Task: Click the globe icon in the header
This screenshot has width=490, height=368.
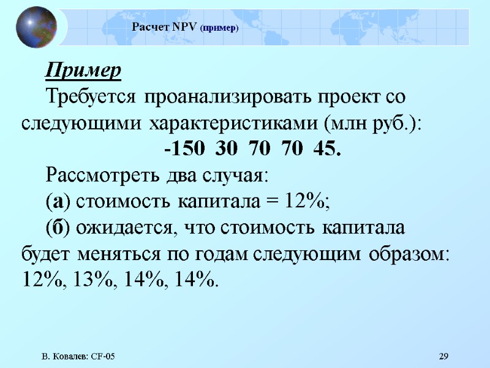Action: [36, 28]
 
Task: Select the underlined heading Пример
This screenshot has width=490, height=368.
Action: [83, 71]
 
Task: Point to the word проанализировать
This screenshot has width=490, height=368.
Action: [230, 97]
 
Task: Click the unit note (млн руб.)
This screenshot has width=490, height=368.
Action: [372, 123]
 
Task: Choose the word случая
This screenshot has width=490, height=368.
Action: [236, 175]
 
